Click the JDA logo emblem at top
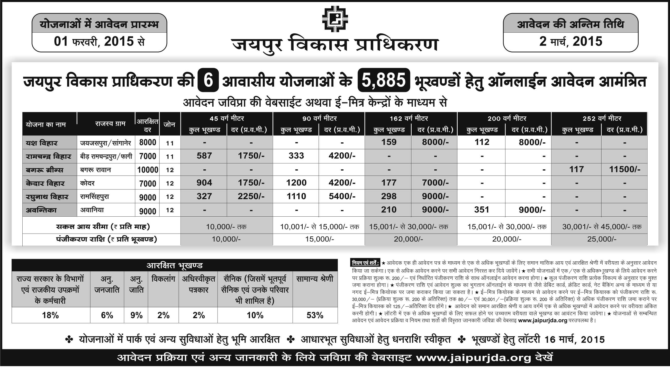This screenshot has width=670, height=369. click(335, 20)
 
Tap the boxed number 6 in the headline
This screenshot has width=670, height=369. click(209, 80)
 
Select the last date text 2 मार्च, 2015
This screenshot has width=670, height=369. click(571, 42)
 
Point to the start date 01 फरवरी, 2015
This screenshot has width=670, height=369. click(99, 42)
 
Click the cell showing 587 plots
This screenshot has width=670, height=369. click(204, 156)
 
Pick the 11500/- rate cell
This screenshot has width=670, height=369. click(624, 170)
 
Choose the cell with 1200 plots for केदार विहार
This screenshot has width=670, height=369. click(296, 183)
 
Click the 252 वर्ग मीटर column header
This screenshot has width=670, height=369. click(602, 118)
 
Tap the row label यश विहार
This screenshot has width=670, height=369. click(42, 143)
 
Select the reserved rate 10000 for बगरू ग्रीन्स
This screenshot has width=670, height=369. click(148, 170)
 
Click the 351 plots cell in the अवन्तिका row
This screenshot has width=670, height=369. click(482, 210)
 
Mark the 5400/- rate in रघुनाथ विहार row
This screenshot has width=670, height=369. click(342, 196)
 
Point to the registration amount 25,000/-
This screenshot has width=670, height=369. click(602, 239)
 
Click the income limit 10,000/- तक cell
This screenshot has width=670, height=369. click(226, 227)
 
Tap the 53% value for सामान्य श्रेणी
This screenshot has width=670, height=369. click(315, 316)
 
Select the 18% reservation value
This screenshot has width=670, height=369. click(50, 316)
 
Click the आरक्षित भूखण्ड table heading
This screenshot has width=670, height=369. click(175, 265)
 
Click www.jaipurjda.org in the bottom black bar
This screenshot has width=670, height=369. click(473, 358)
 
